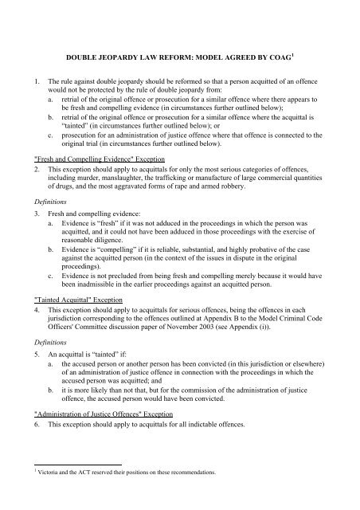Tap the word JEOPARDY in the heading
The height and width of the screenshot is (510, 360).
(129, 57)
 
